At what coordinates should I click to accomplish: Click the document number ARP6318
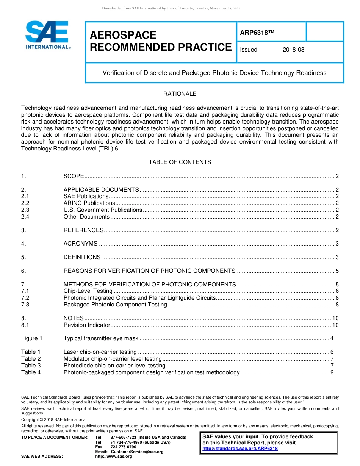click(x=257, y=33)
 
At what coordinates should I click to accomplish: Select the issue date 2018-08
click(x=293, y=50)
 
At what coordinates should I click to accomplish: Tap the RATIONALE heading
click(x=180, y=94)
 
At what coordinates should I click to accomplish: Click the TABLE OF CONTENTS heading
click(x=180, y=162)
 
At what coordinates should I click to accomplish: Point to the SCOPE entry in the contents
click(x=74, y=176)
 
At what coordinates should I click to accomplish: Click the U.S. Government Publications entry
click(x=103, y=210)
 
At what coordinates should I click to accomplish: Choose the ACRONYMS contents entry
click(x=80, y=244)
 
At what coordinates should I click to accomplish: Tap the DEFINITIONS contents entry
click(x=82, y=257)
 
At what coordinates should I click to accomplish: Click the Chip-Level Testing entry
click(x=88, y=291)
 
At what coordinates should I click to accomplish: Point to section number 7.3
click(x=25, y=305)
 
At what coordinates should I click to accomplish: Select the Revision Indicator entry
click(x=87, y=325)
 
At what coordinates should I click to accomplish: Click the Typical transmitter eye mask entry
click(x=101, y=338)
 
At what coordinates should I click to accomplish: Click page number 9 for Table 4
click(x=332, y=372)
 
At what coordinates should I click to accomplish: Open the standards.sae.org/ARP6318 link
click(x=240, y=449)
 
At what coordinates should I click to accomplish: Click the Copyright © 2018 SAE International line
click(x=54, y=419)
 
